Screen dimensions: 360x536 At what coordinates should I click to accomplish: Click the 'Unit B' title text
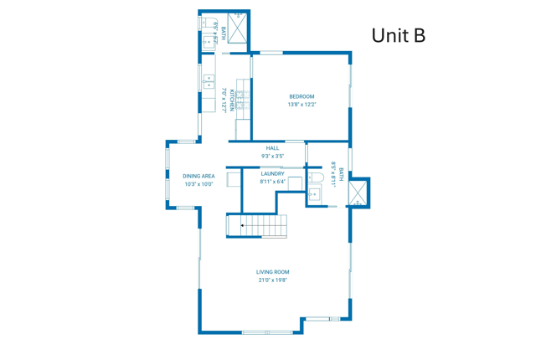398,35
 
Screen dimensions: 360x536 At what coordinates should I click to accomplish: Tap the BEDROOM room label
301,96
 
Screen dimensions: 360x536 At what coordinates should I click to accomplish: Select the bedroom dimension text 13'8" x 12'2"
301,105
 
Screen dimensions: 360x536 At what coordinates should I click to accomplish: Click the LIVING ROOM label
272,272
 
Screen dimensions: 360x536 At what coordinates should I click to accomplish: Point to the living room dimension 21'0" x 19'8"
272,280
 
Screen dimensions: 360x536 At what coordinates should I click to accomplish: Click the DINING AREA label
198,176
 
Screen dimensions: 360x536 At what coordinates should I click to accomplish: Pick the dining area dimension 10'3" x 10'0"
198,184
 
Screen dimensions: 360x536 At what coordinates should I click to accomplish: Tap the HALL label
272,148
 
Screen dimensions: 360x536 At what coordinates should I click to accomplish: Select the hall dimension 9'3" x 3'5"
272,157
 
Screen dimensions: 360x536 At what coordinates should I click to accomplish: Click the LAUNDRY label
272,173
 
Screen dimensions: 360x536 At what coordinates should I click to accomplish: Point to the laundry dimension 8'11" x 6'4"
272,181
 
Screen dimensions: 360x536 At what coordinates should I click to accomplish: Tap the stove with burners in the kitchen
243,101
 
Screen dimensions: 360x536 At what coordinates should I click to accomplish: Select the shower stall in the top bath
237,28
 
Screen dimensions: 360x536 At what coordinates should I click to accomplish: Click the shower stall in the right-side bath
358,193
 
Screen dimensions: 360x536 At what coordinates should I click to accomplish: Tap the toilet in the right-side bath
315,178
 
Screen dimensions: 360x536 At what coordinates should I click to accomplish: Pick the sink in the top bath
207,42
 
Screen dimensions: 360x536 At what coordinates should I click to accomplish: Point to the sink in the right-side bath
314,195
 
